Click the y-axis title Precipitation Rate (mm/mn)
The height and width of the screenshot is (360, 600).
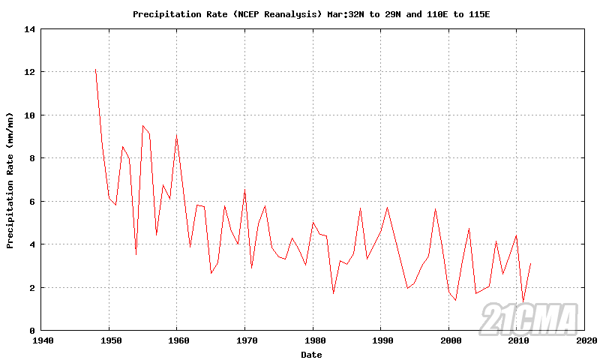(10, 180)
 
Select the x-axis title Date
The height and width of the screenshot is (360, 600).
(312, 353)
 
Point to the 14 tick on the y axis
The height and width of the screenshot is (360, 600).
(30, 29)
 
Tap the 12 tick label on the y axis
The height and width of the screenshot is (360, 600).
(30, 72)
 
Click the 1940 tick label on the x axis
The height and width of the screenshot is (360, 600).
(41, 340)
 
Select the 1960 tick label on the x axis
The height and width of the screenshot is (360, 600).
(177, 340)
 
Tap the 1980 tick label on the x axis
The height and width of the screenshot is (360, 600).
(313, 340)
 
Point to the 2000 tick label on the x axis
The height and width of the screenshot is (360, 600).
(448, 340)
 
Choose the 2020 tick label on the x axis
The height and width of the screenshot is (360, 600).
(584, 340)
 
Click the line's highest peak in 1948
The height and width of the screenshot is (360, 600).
(95, 70)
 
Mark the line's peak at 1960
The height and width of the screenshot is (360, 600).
(176, 136)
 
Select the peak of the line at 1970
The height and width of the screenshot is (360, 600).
(244, 190)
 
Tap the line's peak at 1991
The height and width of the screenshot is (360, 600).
(387, 207)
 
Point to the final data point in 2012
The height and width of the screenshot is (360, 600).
(530, 263)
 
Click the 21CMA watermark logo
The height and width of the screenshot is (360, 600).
(529, 318)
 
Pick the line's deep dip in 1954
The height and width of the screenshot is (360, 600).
(136, 254)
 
